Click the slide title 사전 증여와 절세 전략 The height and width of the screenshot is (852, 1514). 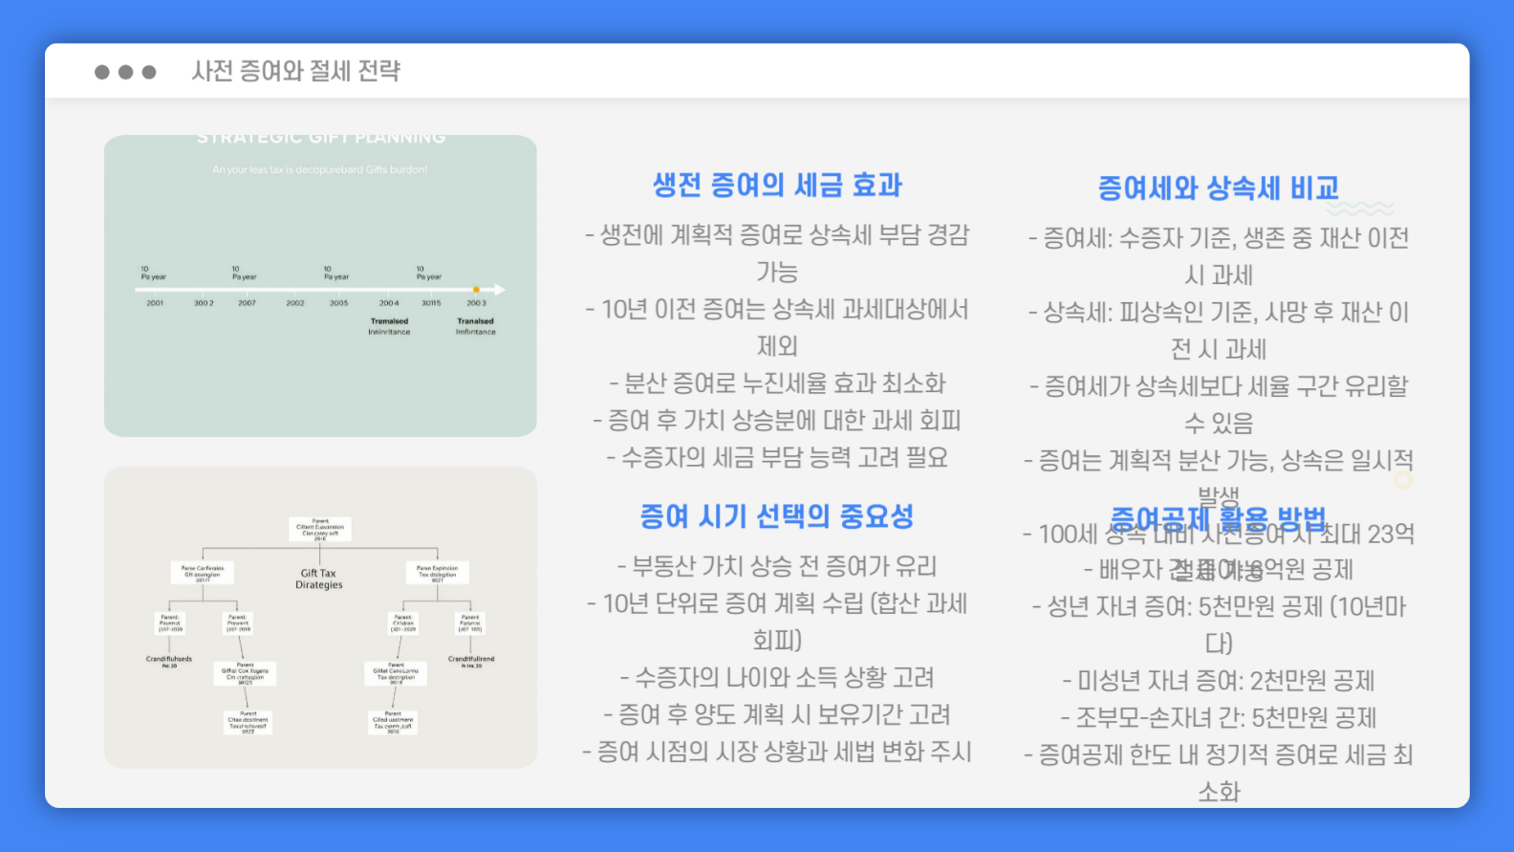tap(295, 71)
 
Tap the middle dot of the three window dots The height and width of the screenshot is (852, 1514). tap(125, 72)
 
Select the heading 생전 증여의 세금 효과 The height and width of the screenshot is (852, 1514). tap(777, 185)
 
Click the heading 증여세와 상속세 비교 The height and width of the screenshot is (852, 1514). tap(1218, 187)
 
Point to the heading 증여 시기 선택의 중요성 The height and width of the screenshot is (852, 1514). tap(776, 516)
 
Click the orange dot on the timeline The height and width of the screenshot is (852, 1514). tap(476, 289)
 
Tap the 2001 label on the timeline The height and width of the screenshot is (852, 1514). tap(155, 303)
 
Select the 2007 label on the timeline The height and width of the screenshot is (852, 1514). tap(247, 303)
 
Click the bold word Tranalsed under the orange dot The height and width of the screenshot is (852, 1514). tap(475, 321)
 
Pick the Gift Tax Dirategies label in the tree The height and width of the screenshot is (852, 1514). tap(318, 579)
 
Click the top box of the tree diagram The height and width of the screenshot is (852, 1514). tap(320, 530)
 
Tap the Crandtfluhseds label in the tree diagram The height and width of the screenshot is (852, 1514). tap(169, 660)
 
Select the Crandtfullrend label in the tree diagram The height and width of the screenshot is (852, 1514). tap(471, 660)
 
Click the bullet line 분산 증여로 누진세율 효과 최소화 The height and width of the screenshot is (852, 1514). tap(777, 383)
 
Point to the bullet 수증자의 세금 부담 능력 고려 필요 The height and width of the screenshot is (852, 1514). tap(777, 457)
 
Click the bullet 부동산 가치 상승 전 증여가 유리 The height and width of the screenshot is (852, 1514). tap(777, 566)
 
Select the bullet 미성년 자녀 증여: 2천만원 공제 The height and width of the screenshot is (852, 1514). tap(1219, 681)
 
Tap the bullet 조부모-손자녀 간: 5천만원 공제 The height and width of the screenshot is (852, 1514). tap(1219, 717)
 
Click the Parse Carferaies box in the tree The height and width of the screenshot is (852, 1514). tap(203, 572)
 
